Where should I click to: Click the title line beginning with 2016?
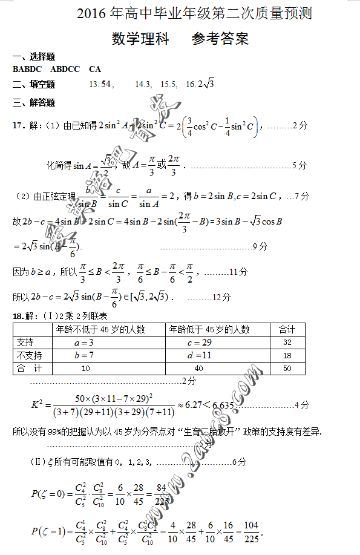(194, 13)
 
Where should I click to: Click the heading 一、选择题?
(33, 56)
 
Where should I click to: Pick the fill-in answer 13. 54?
(100, 84)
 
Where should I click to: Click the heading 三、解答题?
(33, 102)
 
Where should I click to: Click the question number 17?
(19, 126)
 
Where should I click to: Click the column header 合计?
(287, 330)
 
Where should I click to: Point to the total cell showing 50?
(287, 368)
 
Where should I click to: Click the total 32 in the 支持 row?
(287, 343)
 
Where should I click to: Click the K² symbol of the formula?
(36, 404)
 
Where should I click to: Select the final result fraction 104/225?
(252, 533)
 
